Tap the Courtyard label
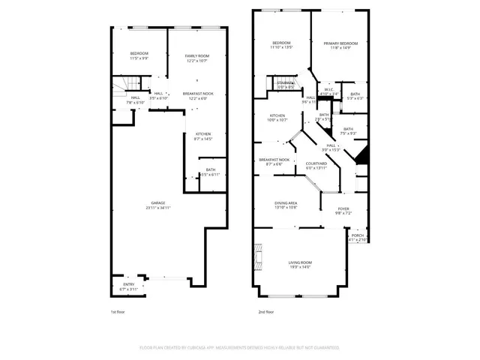[x=316, y=165]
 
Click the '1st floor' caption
[x=118, y=311]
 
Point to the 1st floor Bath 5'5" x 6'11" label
[x=211, y=172]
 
